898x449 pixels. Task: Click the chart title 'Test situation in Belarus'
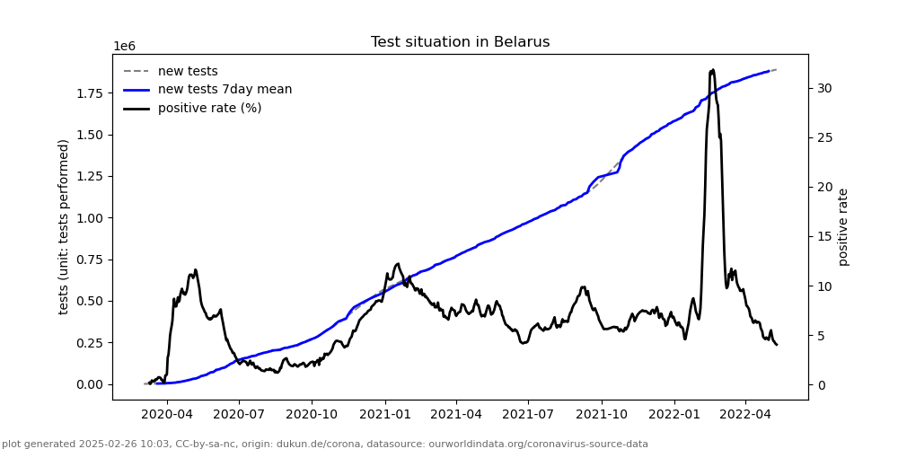pyautogui.click(x=460, y=42)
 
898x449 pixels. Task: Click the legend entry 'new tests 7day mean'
pyautogui.click(x=224, y=90)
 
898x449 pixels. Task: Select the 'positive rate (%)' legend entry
pyautogui.click(x=209, y=109)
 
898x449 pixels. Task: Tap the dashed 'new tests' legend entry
pyautogui.click(x=188, y=72)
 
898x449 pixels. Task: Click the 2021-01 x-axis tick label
pyautogui.click(x=384, y=415)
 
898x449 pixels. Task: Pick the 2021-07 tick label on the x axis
pyautogui.click(x=527, y=415)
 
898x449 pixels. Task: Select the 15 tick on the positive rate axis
pyautogui.click(x=823, y=237)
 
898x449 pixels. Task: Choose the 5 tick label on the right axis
pyautogui.click(x=820, y=336)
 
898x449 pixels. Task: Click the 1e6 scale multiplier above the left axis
pyautogui.click(x=124, y=47)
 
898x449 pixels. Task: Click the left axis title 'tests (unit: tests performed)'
pyautogui.click(x=64, y=226)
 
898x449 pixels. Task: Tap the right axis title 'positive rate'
pyautogui.click(x=843, y=226)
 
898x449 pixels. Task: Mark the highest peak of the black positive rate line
pyautogui.click(x=712, y=69)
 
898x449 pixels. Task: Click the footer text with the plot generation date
pyautogui.click(x=325, y=444)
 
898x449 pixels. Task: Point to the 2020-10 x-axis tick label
pyautogui.click(x=312, y=415)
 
